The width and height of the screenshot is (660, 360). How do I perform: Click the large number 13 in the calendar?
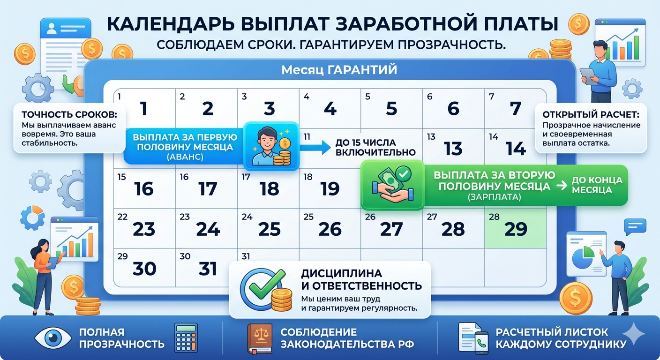point(453,149)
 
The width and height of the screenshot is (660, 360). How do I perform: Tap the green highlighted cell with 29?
point(516,229)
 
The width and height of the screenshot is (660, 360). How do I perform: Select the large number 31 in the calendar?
point(208,269)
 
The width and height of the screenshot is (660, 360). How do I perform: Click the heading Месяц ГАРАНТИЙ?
point(339,70)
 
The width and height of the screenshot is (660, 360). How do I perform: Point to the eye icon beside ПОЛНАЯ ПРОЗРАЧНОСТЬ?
point(53,337)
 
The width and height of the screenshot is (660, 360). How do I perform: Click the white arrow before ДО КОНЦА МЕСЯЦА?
point(560,186)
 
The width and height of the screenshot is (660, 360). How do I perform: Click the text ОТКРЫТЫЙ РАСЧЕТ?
point(591,114)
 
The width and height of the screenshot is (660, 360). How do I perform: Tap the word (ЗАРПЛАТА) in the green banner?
point(494,197)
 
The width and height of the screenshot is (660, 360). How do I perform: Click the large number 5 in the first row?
point(391,109)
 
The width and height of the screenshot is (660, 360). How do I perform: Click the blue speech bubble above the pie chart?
point(635,227)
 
